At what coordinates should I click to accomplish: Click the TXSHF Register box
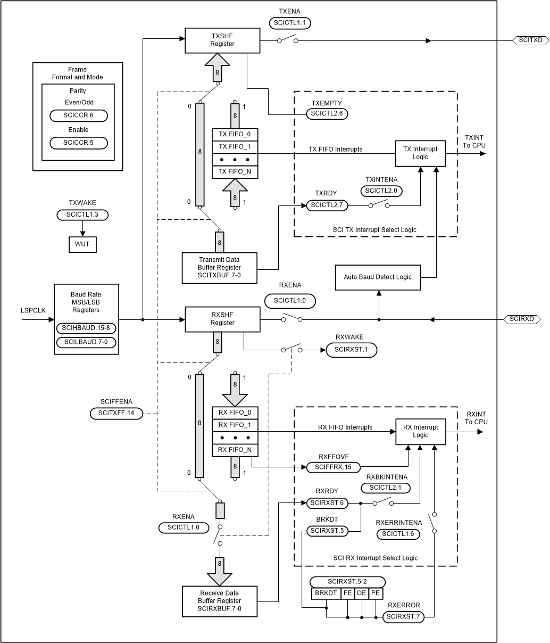click(x=222, y=40)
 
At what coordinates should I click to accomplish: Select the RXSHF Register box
click(x=222, y=319)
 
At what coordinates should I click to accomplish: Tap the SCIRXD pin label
click(x=522, y=319)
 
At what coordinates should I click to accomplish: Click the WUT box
click(x=82, y=244)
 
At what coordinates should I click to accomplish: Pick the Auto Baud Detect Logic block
click(x=377, y=277)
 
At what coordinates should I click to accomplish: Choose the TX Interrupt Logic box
click(x=420, y=153)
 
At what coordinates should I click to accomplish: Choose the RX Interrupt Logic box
click(x=420, y=431)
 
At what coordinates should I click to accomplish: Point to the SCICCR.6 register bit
click(x=78, y=116)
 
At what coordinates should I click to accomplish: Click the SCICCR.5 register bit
click(x=78, y=143)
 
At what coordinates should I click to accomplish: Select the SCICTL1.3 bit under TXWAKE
click(x=82, y=215)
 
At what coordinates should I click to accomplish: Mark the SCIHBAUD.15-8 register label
click(x=86, y=327)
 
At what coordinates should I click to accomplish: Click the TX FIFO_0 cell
click(x=235, y=134)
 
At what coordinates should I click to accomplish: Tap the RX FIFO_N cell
click(x=235, y=450)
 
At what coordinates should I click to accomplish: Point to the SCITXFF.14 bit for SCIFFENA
click(x=116, y=413)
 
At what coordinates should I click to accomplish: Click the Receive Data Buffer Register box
click(x=220, y=601)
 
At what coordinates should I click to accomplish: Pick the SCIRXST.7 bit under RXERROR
click(x=403, y=617)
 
